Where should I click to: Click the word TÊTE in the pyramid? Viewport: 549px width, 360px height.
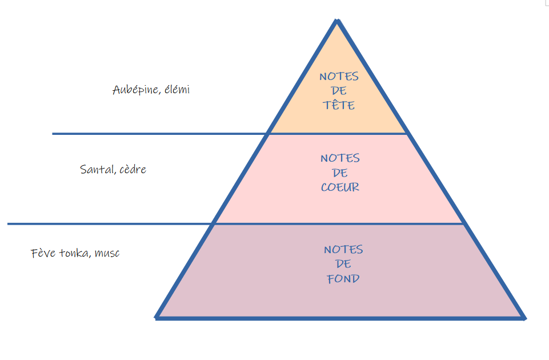coord(339,105)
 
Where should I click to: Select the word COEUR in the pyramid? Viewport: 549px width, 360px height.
coord(340,187)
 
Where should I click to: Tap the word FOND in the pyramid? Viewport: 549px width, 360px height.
coord(343,279)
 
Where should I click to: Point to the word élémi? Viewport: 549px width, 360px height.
coord(177,90)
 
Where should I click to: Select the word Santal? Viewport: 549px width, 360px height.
coord(95,170)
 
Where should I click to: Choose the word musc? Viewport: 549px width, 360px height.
coord(107,253)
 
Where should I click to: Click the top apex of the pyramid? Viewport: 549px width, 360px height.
coord(338,21)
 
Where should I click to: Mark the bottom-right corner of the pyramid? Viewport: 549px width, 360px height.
coord(523,318)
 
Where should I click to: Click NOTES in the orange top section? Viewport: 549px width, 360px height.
coord(339,76)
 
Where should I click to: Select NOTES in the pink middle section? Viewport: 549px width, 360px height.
coord(340,158)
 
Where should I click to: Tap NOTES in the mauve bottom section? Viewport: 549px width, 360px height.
coord(343,250)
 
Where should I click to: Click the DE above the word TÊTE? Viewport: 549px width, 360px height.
coord(339,91)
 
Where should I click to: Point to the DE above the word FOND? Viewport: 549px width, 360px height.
coord(343,265)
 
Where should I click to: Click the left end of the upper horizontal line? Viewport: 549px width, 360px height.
coord(53,134)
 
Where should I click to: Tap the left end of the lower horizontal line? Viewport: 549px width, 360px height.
coord(9,224)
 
